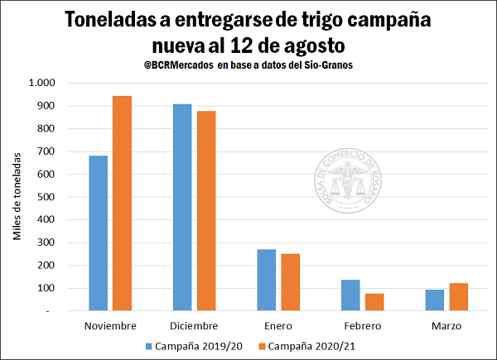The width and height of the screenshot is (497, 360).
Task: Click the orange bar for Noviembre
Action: click(122, 203)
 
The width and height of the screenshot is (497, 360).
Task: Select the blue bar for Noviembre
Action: click(99, 233)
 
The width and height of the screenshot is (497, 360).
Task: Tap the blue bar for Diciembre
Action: click(182, 207)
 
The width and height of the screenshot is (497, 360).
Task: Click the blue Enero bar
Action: click(266, 280)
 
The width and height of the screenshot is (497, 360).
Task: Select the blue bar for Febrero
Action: click(350, 295)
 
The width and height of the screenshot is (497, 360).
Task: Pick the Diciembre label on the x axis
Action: click(195, 324)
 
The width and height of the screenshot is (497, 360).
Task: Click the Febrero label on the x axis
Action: click(363, 324)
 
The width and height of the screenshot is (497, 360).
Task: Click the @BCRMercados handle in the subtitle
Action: click(177, 65)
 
